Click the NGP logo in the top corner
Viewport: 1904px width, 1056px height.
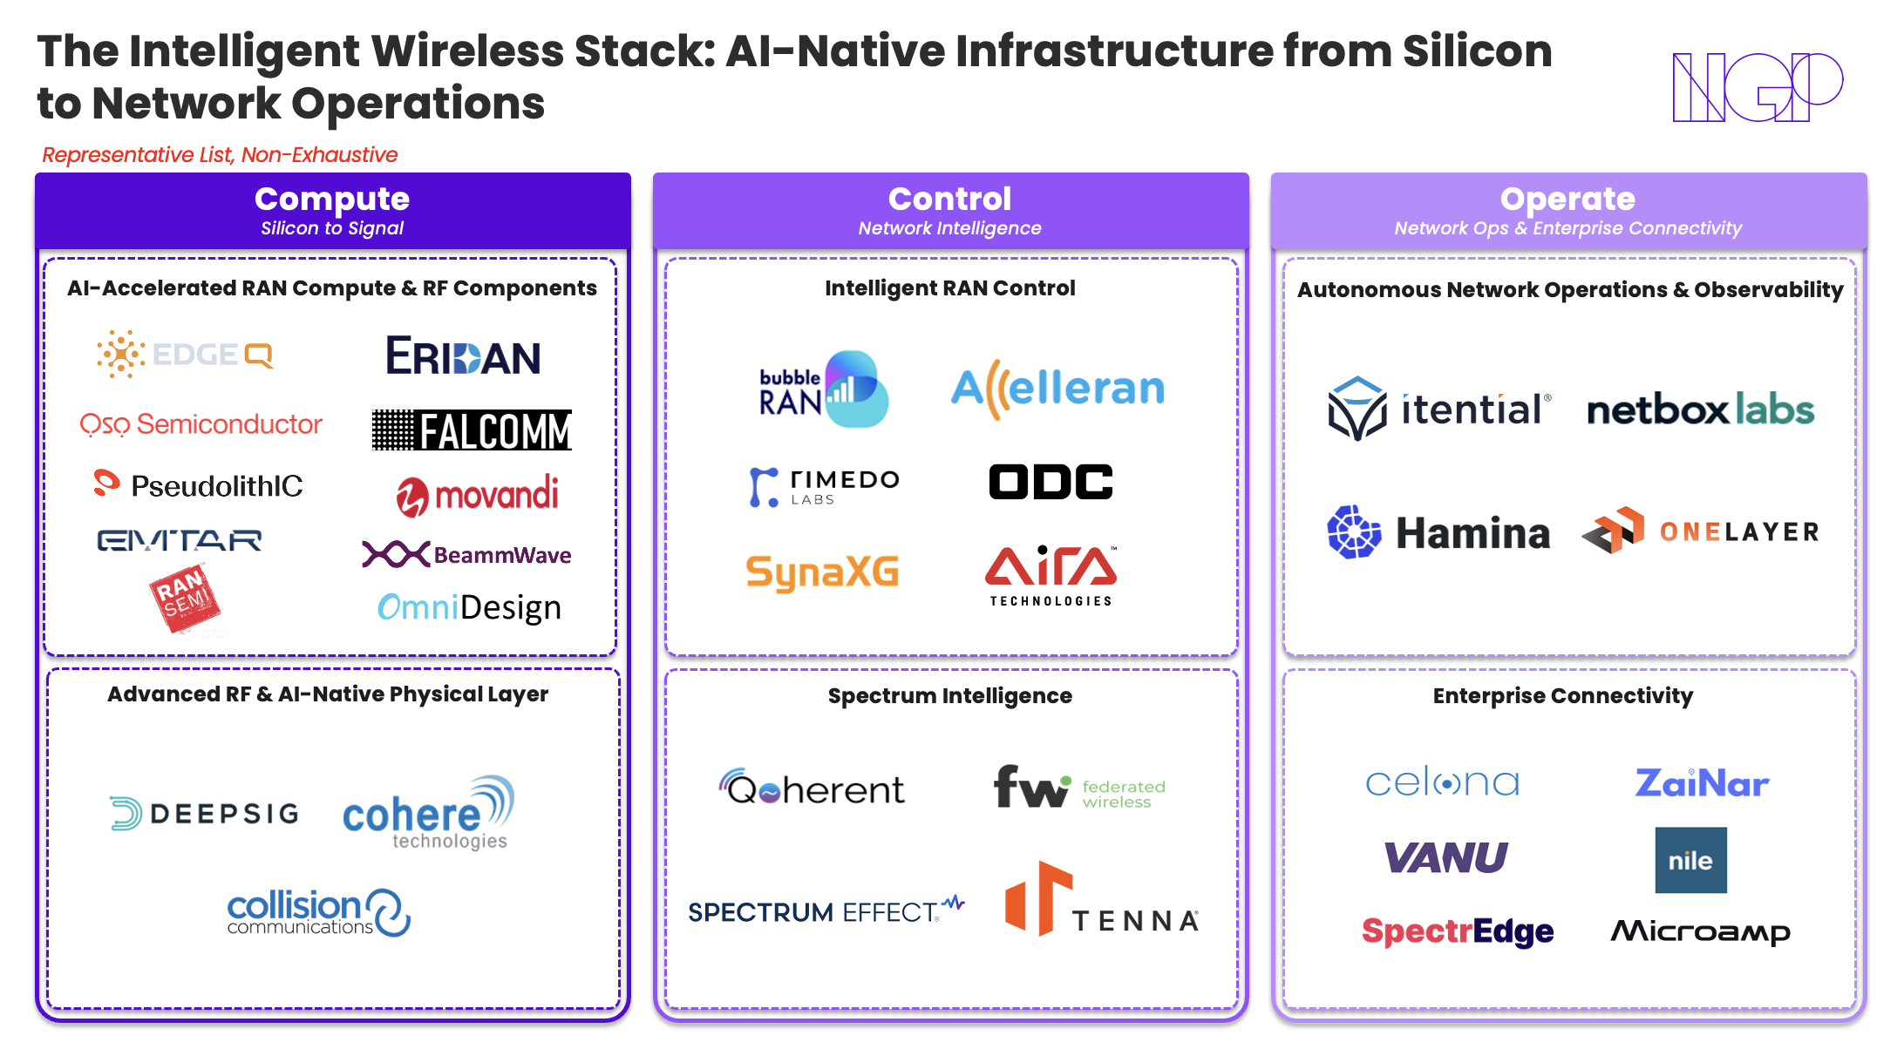[x=1756, y=86]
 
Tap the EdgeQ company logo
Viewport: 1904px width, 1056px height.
[x=185, y=355]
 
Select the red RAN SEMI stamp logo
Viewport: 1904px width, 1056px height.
[x=185, y=598]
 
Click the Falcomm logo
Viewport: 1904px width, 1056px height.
[x=472, y=430]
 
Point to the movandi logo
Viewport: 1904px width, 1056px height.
[x=477, y=495]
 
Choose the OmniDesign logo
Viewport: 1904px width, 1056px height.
[x=469, y=607]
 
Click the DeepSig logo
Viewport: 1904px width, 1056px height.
[x=204, y=814]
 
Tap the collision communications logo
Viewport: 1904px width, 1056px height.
[x=318, y=912]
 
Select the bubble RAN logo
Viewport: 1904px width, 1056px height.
[x=823, y=389]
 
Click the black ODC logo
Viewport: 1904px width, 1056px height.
[x=1051, y=482]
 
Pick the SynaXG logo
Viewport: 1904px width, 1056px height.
[x=822, y=572]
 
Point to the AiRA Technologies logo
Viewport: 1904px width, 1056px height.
[x=1051, y=575]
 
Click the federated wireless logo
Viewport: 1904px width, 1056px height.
[x=1079, y=788]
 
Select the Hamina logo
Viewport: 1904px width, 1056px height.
[x=1438, y=532]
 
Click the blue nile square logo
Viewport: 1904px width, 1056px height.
[x=1690, y=860]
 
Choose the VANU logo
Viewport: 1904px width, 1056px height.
[x=1446, y=858]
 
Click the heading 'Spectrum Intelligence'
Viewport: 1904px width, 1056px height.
[x=949, y=695]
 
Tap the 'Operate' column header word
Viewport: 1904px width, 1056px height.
[x=1567, y=200]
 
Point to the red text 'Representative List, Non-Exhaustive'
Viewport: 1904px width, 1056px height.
[x=220, y=155]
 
